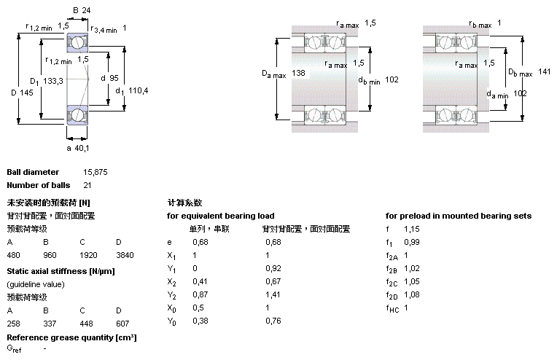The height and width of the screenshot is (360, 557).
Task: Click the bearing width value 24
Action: pyautogui.click(x=86, y=10)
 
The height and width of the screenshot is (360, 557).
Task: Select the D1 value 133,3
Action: pyautogui.click(x=52, y=81)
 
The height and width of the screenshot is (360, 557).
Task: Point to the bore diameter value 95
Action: pyautogui.click(x=114, y=78)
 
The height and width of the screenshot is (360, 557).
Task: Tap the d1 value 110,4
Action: pyautogui.click(x=137, y=91)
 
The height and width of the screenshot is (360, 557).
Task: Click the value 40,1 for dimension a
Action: pyautogui.click(x=82, y=148)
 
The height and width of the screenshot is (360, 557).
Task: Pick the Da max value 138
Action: pyautogui.click(x=298, y=74)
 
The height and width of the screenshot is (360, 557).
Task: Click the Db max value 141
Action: pyautogui.click(x=544, y=71)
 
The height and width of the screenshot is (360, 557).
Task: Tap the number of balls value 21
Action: pyautogui.click(x=87, y=185)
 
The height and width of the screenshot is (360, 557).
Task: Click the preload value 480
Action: pyautogui.click(x=14, y=256)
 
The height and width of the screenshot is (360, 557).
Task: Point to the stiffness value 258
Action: pyautogui.click(x=14, y=323)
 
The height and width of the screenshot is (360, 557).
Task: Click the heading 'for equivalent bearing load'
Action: pyautogui.click(x=220, y=216)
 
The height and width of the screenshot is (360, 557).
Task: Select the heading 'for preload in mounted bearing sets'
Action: pyautogui.click(x=458, y=216)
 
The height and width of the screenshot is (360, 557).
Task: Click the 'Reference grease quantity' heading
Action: pyautogui.click(x=71, y=337)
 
